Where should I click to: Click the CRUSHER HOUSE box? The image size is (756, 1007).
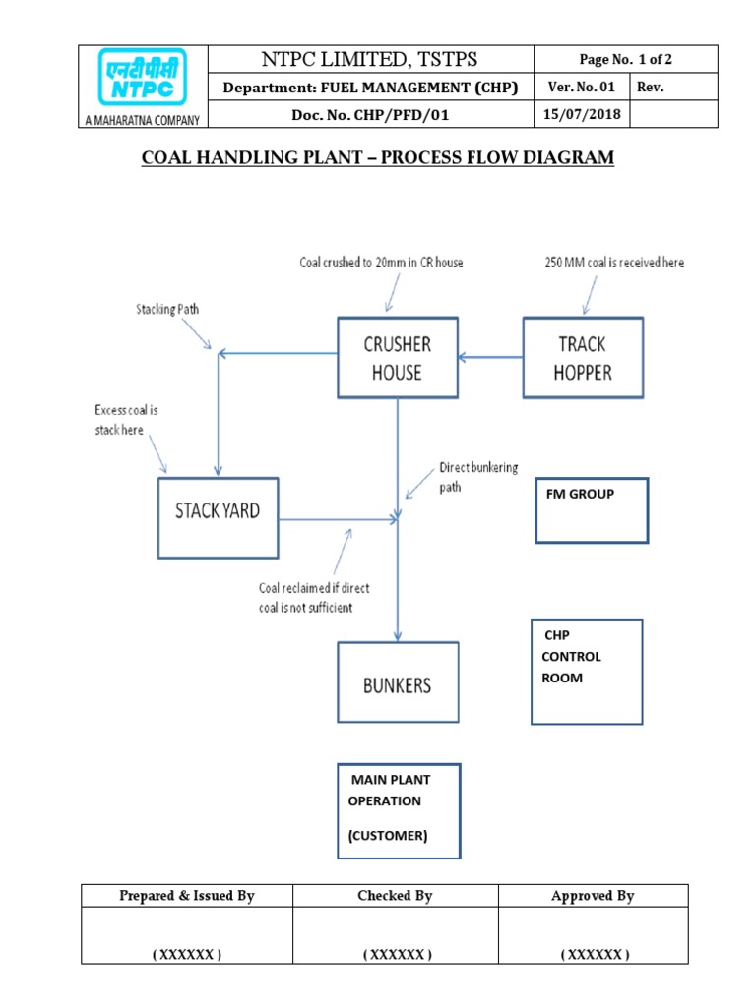pyautogui.click(x=397, y=358)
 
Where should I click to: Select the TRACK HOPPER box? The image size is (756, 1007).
pyautogui.click(x=583, y=358)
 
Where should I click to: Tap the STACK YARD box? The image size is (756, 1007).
pyautogui.click(x=218, y=517)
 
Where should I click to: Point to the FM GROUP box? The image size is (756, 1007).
pyautogui.click(x=592, y=510)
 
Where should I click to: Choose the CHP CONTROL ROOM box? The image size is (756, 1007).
pyautogui.click(x=587, y=672)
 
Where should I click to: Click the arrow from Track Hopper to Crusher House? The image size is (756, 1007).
pyautogui.click(x=490, y=357)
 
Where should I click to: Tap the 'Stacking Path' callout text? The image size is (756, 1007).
pyautogui.click(x=168, y=310)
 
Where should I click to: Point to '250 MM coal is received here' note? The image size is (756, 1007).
pyautogui.click(x=614, y=263)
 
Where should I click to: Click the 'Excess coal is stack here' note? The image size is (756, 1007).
pyautogui.click(x=126, y=420)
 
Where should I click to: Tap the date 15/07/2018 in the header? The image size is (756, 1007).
pyautogui.click(x=581, y=116)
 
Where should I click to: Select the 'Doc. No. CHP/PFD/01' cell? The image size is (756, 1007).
pyautogui.click(x=370, y=116)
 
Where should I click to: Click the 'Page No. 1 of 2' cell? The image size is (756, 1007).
pyautogui.click(x=610, y=59)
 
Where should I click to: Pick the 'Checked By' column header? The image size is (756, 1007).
pyautogui.click(x=396, y=895)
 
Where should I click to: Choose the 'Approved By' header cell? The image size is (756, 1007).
pyautogui.click(x=593, y=895)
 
